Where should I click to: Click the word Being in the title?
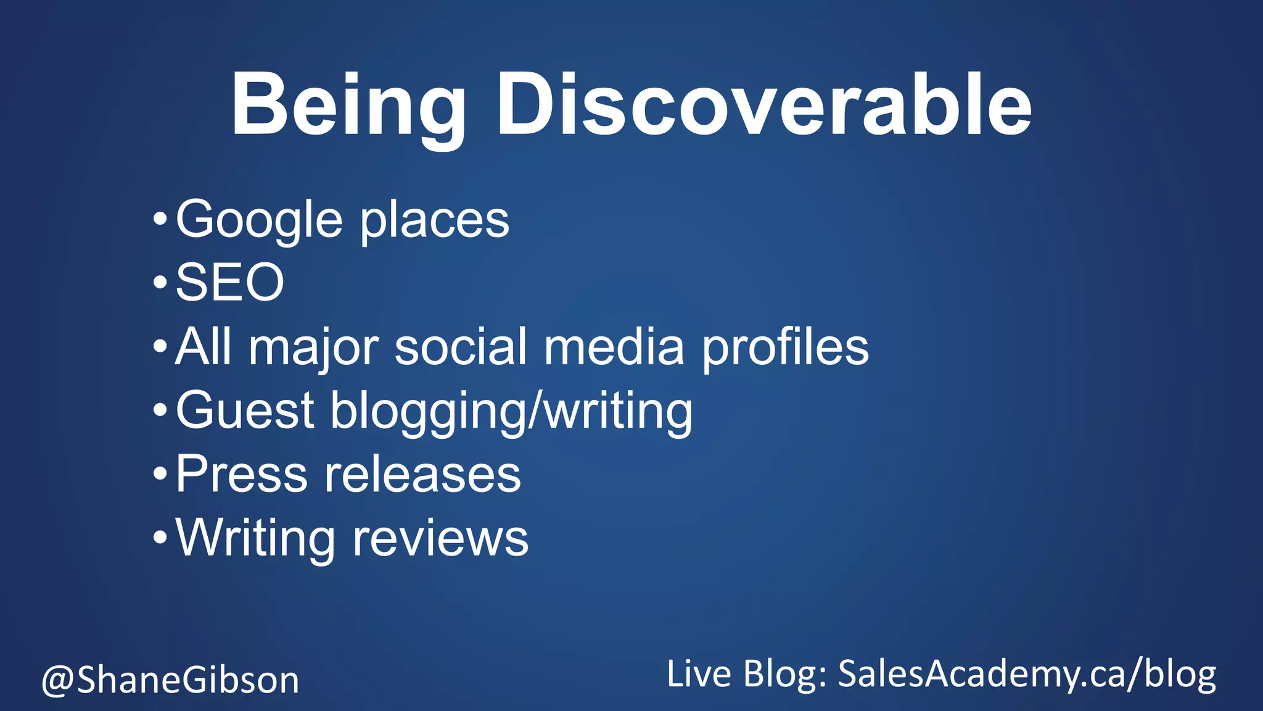348,105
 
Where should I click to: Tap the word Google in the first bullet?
259,220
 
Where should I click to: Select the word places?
435,222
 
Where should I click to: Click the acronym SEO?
230,283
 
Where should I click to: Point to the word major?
314,348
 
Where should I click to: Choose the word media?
614,347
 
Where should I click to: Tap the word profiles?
786,348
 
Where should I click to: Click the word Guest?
245,410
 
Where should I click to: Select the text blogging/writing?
512,412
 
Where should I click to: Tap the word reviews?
440,538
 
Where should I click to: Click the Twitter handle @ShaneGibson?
170,680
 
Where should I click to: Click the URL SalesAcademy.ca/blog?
1027,674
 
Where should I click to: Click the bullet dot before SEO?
160,283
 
